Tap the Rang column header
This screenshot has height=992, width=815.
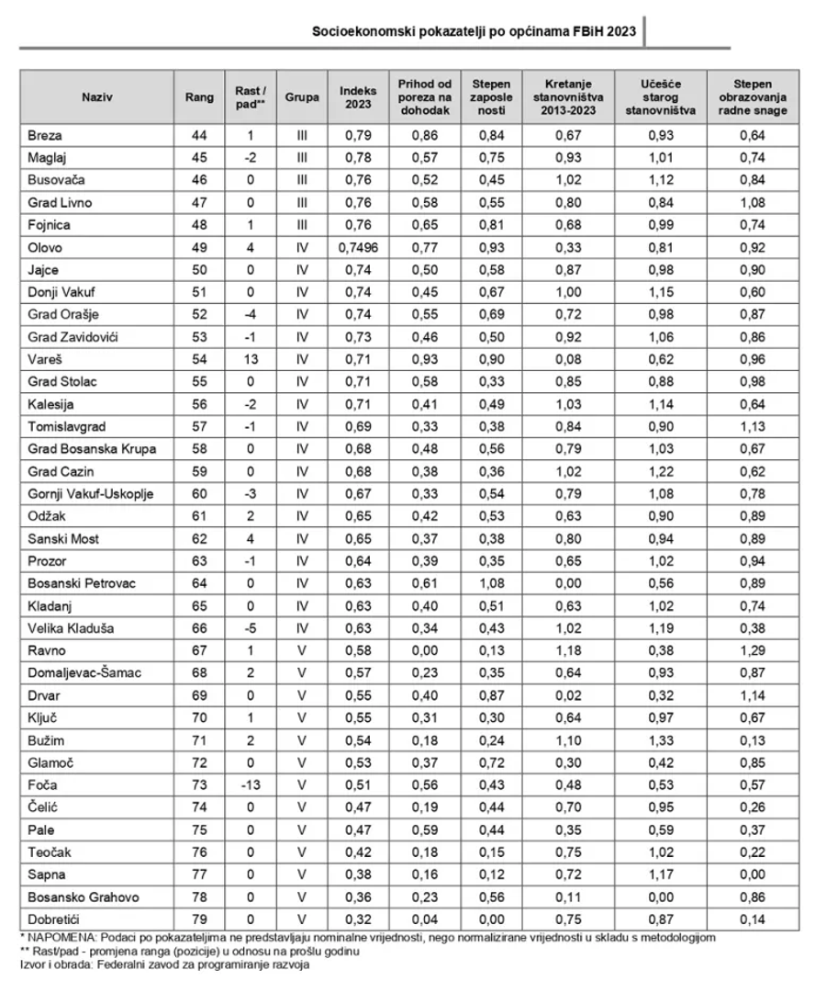pyautogui.click(x=199, y=96)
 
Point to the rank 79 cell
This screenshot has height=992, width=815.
pyautogui.click(x=199, y=918)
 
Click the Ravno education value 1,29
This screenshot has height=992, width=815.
pyautogui.click(x=753, y=652)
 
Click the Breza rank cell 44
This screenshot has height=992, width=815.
pyautogui.click(x=199, y=136)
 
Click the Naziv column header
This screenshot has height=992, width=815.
pyautogui.click(x=97, y=96)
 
